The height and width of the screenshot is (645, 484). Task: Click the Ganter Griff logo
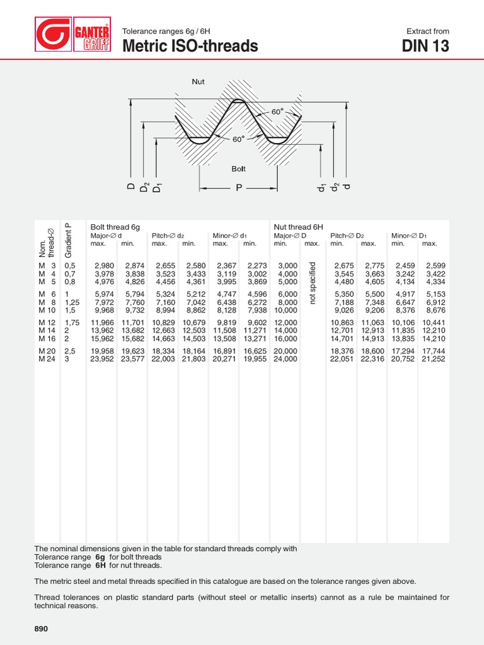pos(73,38)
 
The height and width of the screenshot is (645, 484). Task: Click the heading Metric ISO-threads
pos(190,46)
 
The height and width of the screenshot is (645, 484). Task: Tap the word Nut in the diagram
pos(198,81)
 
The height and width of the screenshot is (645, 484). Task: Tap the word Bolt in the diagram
pos(238,169)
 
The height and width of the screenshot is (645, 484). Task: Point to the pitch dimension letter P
pos(239,187)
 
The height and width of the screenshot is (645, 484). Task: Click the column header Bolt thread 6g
pos(115,227)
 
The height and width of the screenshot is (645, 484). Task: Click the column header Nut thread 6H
pos(298,227)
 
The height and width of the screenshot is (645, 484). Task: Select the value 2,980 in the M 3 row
pos(104,266)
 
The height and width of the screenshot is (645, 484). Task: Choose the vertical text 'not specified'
pos(312,283)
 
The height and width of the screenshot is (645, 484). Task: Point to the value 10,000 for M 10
pos(285,310)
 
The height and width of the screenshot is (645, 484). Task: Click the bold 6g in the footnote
pos(100,557)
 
